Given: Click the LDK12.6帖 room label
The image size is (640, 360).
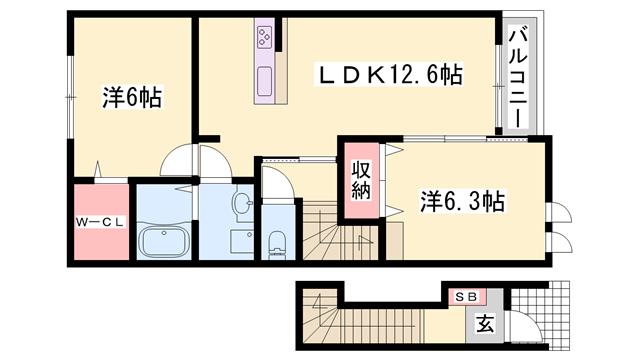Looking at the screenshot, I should (x=389, y=73).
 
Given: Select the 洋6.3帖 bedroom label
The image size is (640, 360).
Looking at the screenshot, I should (x=461, y=200).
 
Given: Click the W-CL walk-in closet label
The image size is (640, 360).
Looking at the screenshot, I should (x=99, y=222).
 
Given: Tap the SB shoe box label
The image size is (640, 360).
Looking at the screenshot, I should (x=465, y=297).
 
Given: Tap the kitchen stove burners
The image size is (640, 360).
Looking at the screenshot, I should (x=267, y=38).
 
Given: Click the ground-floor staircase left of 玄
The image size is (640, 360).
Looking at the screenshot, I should (x=320, y=321).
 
